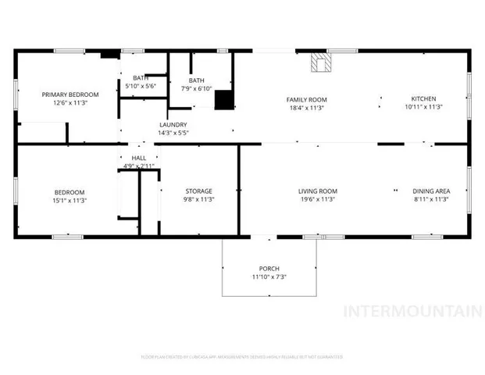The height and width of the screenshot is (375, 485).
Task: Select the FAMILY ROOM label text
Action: (306, 100)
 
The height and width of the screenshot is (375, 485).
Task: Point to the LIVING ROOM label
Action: (317, 191)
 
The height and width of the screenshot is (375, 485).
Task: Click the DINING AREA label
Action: (430, 191)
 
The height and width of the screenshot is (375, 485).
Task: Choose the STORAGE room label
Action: (198, 191)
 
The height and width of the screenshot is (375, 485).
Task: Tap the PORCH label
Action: (269, 268)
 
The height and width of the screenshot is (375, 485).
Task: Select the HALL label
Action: (138, 159)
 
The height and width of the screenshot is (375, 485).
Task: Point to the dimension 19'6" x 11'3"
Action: (317, 200)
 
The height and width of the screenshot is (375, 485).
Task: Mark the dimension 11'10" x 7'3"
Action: (269, 277)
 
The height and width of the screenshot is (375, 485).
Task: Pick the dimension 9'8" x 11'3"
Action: (198, 200)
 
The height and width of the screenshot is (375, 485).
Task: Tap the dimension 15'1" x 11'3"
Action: (70, 201)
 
